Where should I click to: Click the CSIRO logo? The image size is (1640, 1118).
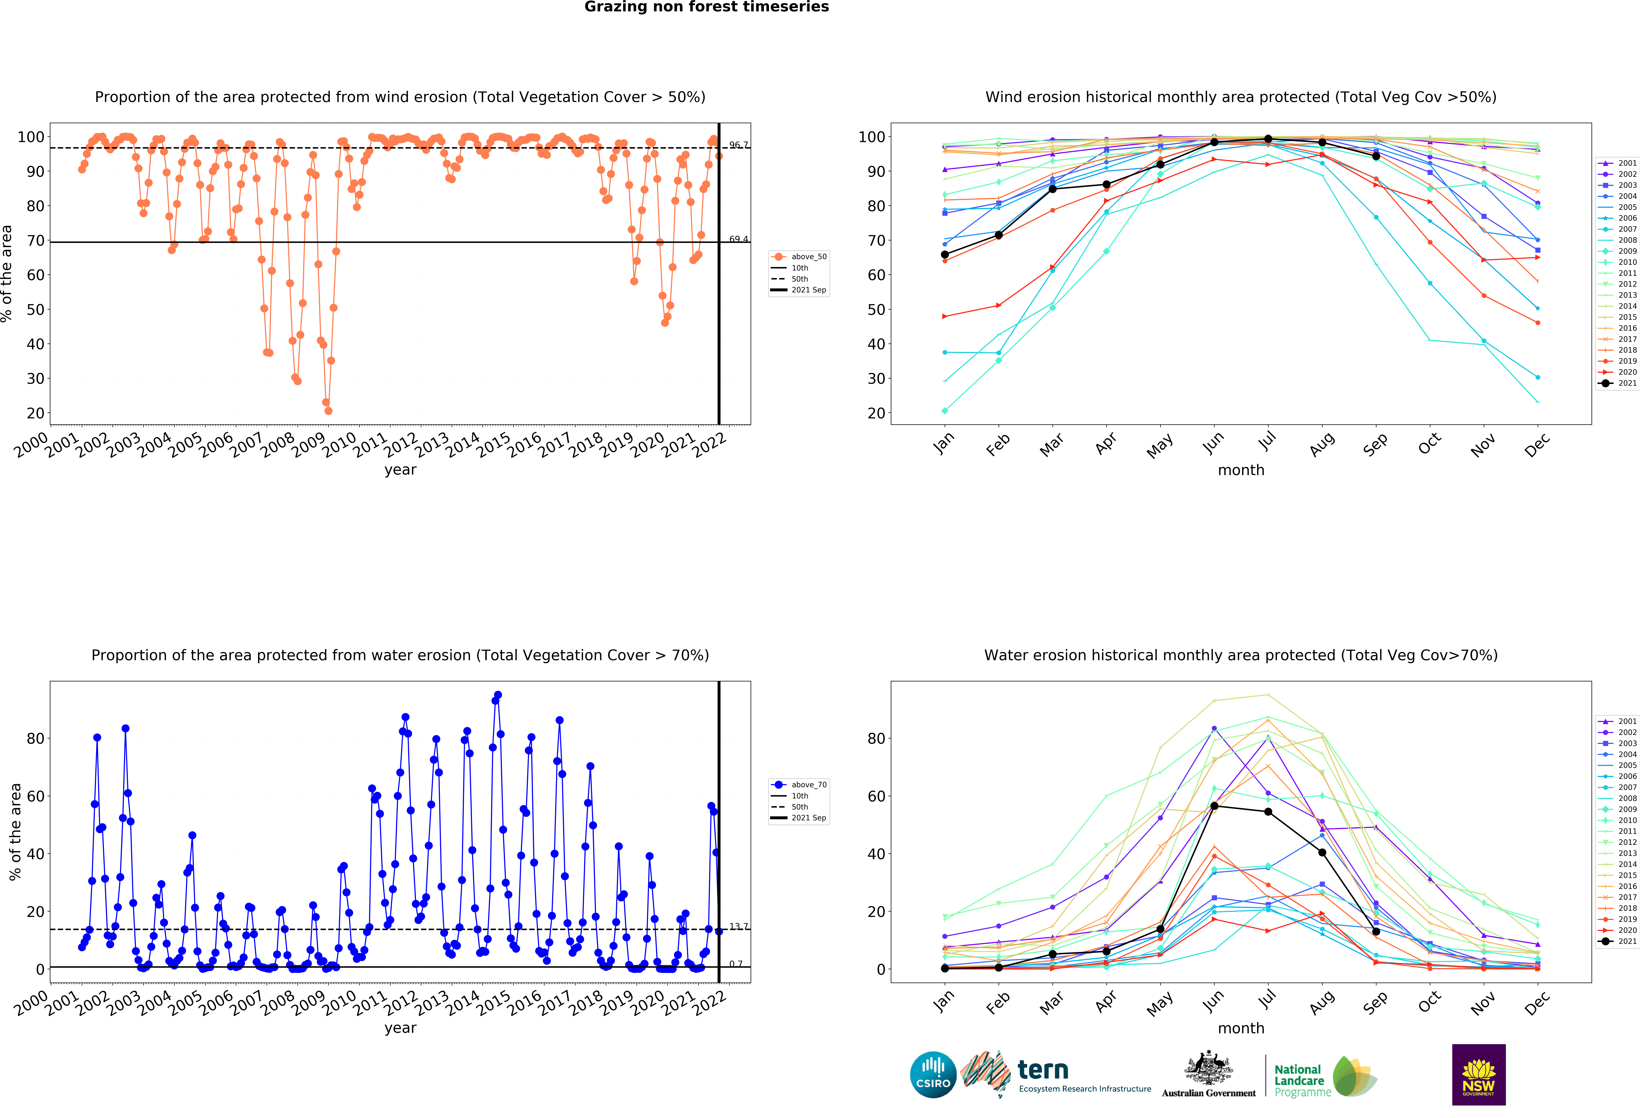pos(933,1075)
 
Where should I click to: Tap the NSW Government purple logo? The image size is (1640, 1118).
pos(1478,1074)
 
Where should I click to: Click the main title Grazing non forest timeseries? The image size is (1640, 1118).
pos(706,7)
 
